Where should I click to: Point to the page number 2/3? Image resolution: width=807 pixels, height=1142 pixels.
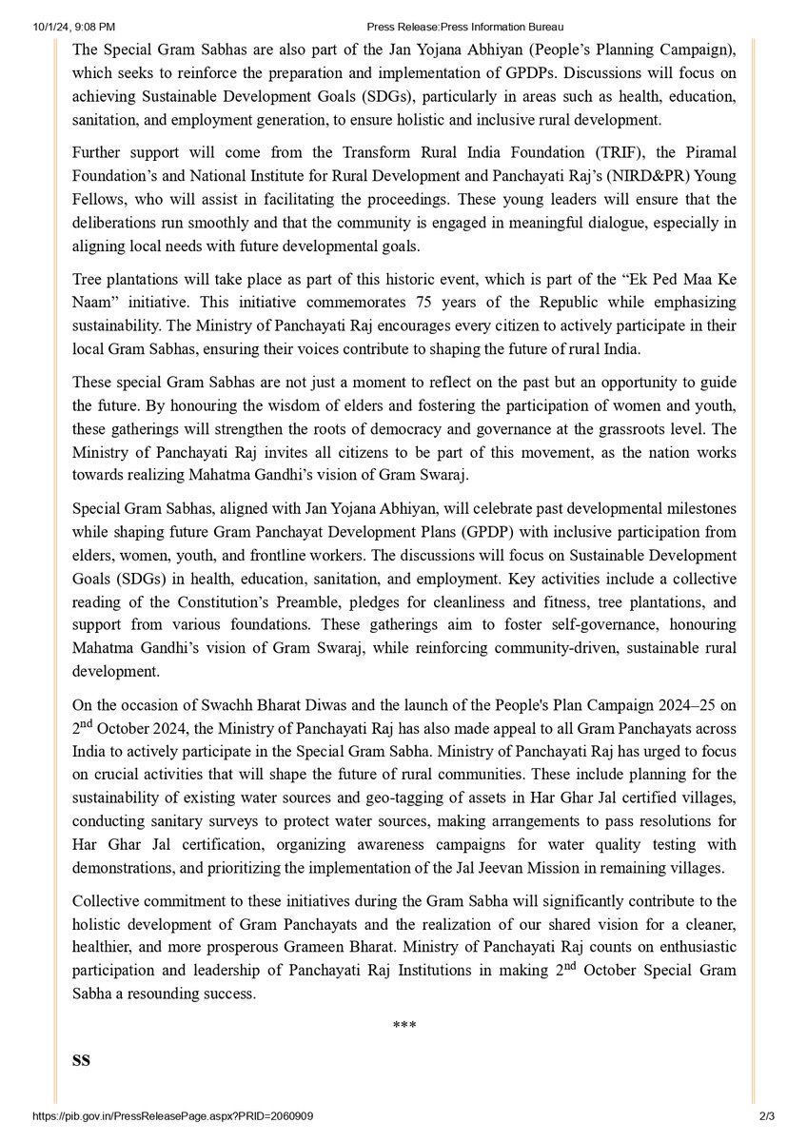click(x=767, y=1115)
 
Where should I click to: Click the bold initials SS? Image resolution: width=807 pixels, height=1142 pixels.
click(x=81, y=1059)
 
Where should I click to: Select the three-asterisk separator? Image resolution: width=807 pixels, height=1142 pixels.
click(x=403, y=1026)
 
